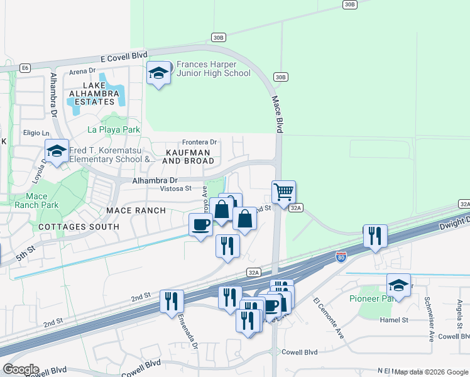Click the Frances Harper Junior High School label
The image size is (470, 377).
tap(214, 68)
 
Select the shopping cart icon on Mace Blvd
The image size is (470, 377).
tap(283, 192)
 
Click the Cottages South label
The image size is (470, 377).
tap(79, 226)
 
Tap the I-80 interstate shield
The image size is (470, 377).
tap(340, 258)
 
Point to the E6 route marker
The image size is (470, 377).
tap(25, 67)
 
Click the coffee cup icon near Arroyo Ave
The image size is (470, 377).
tap(201, 225)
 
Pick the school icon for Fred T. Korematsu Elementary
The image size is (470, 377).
tap(57, 151)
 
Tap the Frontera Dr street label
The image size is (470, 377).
tap(199, 142)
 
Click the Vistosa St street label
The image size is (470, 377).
tap(175, 188)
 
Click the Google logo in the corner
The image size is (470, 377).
tap(21, 369)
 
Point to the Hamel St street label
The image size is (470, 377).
tap(395, 320)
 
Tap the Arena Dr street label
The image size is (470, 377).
tap(82, 71)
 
